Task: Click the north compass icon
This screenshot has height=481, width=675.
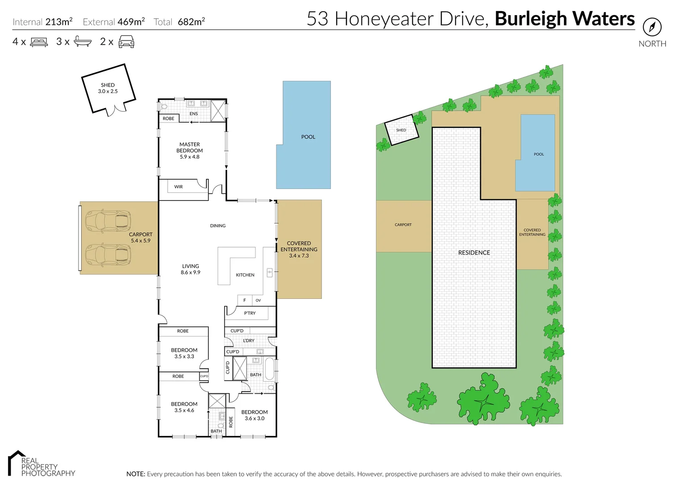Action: [x=652, y=27]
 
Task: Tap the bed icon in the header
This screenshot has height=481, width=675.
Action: [x=39, y=42]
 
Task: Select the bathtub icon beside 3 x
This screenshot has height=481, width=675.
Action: [x=82, y=42]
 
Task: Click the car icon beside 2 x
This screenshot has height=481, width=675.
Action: [x=126, y=42]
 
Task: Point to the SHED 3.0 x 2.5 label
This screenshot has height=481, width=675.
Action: [x=108, y=88]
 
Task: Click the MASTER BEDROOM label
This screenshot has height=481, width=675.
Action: [x=189, y=151]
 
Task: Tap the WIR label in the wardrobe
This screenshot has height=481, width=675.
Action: [x=178, y=187]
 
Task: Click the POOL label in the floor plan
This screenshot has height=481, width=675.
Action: [x=308, y=137]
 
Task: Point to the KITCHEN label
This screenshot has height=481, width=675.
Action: [x=245, y=275]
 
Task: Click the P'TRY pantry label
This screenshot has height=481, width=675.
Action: [x=250, y=314]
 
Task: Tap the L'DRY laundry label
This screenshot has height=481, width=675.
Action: [x=249, y=341]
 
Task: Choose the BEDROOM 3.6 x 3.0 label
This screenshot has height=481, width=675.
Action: [x=255, y=415]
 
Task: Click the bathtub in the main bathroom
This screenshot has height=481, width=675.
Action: [x=269, y=369]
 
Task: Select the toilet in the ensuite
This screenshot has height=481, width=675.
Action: [x=164, y=107]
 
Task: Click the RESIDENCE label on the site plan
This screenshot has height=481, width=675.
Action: [x=474, y=253]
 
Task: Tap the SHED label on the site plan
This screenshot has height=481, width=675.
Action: [x=401, y=130]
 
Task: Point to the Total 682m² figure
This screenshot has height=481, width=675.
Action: [x=179, y=22]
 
